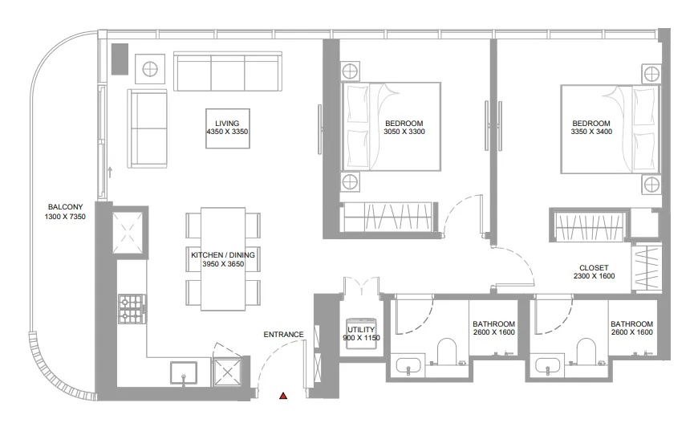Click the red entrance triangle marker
point(282,395)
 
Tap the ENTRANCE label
point(283,335)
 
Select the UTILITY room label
point(361,330)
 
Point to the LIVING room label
point(227,123)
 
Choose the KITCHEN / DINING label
point(223,254)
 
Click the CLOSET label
point(594,268)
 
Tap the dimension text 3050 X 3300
point(404,132)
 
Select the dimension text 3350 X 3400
point(591,132)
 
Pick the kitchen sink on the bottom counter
point(184,372)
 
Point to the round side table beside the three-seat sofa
point(150,69)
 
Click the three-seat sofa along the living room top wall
point(227,72)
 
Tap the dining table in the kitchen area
point(223,258)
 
